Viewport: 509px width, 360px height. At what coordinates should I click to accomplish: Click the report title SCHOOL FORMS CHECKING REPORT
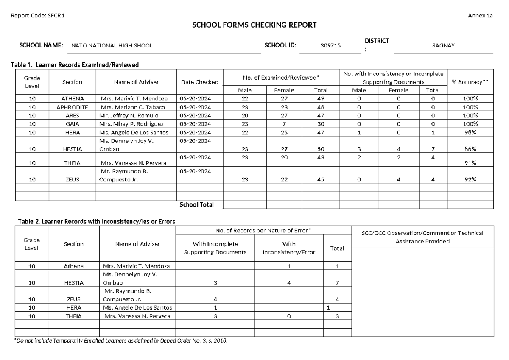pyautogui.click(x=255, y=25)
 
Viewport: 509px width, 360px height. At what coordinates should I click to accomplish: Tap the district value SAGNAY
pyautogui.click(x=443, y=46)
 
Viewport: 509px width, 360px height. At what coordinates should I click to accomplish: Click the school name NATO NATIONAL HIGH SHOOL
pyautogui.click(x=112, y=46)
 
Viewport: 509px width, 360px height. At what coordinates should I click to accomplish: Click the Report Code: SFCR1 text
pyautogui.click(x=38, y=16)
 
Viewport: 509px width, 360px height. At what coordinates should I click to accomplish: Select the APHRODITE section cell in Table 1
pyautogui.click(x=72, y=107)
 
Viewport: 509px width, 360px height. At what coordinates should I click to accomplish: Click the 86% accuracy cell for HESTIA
pyautogui.click(x=470, y=149)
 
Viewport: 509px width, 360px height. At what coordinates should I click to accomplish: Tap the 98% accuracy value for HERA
pyautogui.click(x=470, y=132)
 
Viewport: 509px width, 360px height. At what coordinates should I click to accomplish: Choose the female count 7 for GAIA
pyautogui.click(x=284, y=124)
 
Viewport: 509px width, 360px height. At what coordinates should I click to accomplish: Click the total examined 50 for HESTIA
pyautogui.click(x=320, y=149)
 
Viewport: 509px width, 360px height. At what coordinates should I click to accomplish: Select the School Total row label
pyautogui.click(x=196, y=204)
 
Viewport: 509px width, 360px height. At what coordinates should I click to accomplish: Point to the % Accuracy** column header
pyautogui.click(x=470, y=82)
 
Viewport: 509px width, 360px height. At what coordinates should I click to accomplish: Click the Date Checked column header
pyautogui.click(x=199, y=82)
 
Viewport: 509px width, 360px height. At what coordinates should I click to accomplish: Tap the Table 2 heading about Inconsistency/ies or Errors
pyautogui.click(x=96, y=221)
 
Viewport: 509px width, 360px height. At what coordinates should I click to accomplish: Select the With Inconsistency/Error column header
pyautogui.click(x=289, y=248)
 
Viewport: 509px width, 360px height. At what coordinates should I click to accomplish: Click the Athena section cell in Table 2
pyautogui.click(x=74, y=266)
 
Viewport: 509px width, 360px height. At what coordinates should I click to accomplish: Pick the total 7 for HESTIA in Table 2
pyautogui.click(x=337, y=282)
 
